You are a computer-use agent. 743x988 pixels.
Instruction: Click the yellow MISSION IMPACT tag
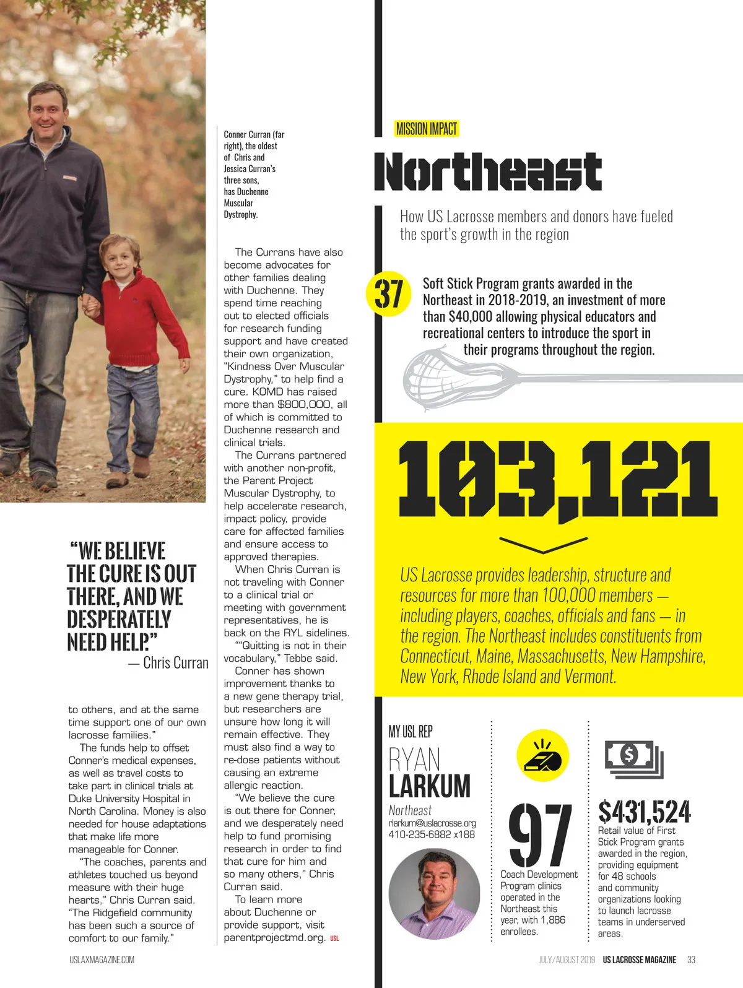426,129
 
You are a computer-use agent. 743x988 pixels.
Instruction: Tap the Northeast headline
488,171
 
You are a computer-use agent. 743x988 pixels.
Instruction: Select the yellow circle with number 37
389,294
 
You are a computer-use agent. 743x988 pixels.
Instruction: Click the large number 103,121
557,480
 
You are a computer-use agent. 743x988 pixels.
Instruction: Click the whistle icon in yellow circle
542,756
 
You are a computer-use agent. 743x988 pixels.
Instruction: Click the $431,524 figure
644,811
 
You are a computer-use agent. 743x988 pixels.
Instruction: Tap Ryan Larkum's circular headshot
434,894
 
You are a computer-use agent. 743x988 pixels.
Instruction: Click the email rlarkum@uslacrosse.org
432,823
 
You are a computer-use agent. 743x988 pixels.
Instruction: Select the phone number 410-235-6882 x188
432,834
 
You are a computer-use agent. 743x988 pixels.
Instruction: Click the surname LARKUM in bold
430,786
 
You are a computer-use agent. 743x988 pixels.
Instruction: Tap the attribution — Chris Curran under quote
168,663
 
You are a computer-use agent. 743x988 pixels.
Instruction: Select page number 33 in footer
691,960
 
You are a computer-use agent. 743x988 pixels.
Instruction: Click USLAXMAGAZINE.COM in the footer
102,960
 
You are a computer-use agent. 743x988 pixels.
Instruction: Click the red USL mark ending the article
334,938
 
